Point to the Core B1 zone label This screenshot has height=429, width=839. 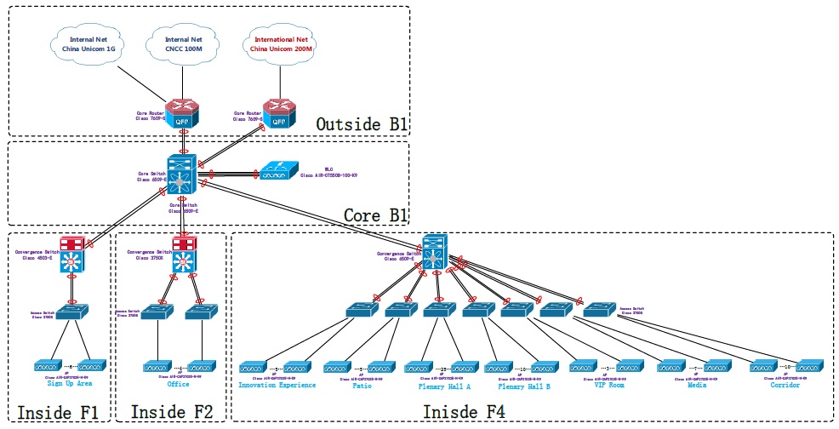tap(375, 215)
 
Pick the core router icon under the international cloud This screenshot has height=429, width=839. tap(277, 114)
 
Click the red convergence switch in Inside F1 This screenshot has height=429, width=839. tap(72, 254)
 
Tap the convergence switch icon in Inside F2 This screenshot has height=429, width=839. tap(182, 254)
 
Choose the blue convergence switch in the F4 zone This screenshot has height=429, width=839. tap(436, 252)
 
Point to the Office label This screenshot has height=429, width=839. tap(178, 384)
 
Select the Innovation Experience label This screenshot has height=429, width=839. tap(277, 385)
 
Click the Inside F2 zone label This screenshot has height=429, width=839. tap(171, 412)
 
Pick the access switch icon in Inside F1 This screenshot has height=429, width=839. tap(72, 312)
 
